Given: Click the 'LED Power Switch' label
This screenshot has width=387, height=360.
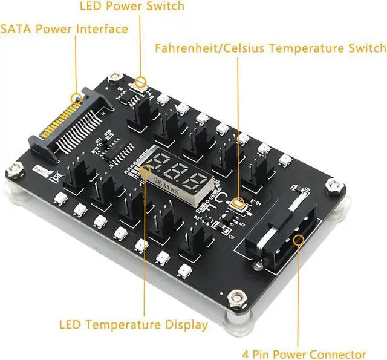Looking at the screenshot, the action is [132, 7].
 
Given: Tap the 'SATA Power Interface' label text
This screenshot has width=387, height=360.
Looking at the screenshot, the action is [64, 29].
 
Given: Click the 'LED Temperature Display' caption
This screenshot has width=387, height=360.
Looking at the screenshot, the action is [134, 325].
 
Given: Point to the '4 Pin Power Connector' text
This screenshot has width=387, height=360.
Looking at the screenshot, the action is [313, 354].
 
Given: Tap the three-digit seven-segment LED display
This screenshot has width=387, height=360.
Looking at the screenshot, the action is [177, 174].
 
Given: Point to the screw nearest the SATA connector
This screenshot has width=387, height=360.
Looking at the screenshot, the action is [114, 77].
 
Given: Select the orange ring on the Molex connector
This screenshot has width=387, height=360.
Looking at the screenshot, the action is [298, 241].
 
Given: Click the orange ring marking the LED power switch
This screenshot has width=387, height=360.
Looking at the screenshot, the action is [141, 82].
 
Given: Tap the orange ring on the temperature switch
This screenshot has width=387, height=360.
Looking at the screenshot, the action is [238, 203].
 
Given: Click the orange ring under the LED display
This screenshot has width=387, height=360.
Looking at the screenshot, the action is [145, 171].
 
